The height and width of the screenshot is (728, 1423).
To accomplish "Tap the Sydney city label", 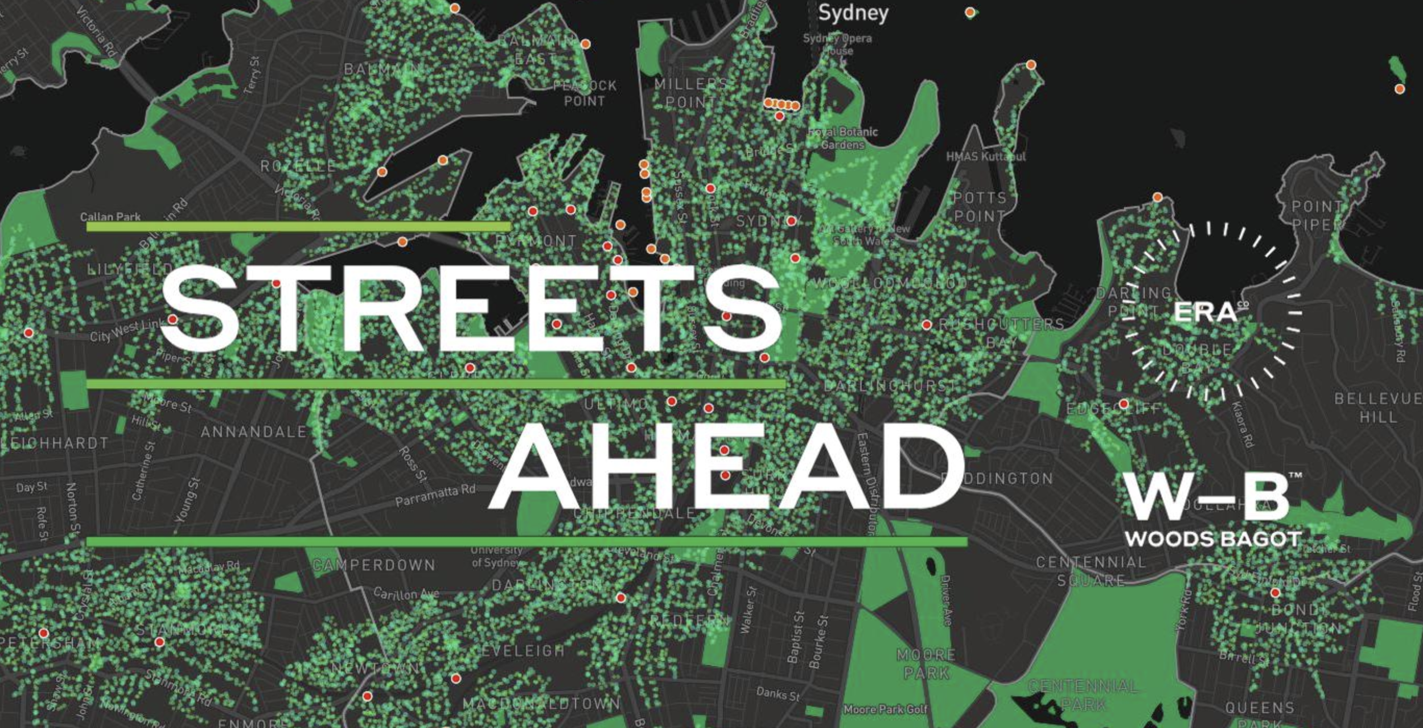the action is click(x=853, y=13).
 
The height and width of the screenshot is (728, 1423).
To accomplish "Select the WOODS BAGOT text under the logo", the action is click(x=1213, y=538).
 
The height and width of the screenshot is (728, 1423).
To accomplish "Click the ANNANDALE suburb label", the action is click(x=253, y=432).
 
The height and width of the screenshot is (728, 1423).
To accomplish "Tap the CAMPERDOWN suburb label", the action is click(x=374, y=565).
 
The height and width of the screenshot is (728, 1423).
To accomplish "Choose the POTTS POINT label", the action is click(x=980, y=207).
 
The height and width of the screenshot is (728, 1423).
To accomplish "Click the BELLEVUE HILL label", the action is click(x=1377, y=408).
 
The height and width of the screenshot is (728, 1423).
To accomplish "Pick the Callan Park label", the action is click(x=110, y=217).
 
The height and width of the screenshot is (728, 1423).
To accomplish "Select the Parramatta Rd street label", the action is click(x=435, y=496).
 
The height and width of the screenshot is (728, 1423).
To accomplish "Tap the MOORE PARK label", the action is click(x=926, y=664).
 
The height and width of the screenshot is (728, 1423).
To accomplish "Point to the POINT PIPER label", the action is click(x=1317, y=215).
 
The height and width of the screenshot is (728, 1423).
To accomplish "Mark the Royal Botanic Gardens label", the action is click(x=843, y=138).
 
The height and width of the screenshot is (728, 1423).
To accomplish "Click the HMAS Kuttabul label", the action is click(x=985, y=156).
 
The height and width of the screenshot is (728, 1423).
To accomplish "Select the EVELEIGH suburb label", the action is click(x=523, y=651).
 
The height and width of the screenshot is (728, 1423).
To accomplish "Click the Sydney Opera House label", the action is click(x=837, y=44).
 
